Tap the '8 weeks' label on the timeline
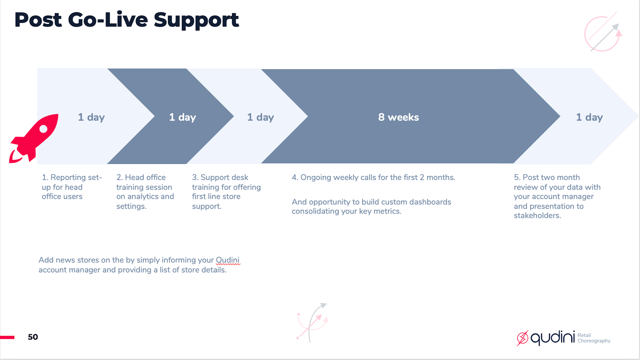pyautogui.click(x=398, y=117)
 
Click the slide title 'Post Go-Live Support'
pyautogui.click(x=126, y=20)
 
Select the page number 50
pyautogui.click(x=33, y=337)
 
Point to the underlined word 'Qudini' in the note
pyautogui.click(x=228, y=260)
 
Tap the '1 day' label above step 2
pyautogui.click(x=182, y=117)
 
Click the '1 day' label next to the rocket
pyautogui.click(x=91, y=117)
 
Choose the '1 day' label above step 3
pyautogui.click(x=260, y=117)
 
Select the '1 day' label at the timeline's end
pyautogui.click(x=589, y=117)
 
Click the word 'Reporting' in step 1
pyautogui.click(x=68, y=177)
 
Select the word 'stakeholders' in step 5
pyautogui.click(x=537, y=216)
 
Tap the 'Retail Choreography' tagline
pyautogui.click(x=594, y=338)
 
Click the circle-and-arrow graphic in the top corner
pyautogui.click(x=603, y=34)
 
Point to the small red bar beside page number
pyautogui.click(x=7, y=337)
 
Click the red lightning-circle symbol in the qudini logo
pyautogui.click(x=522, y=338)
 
